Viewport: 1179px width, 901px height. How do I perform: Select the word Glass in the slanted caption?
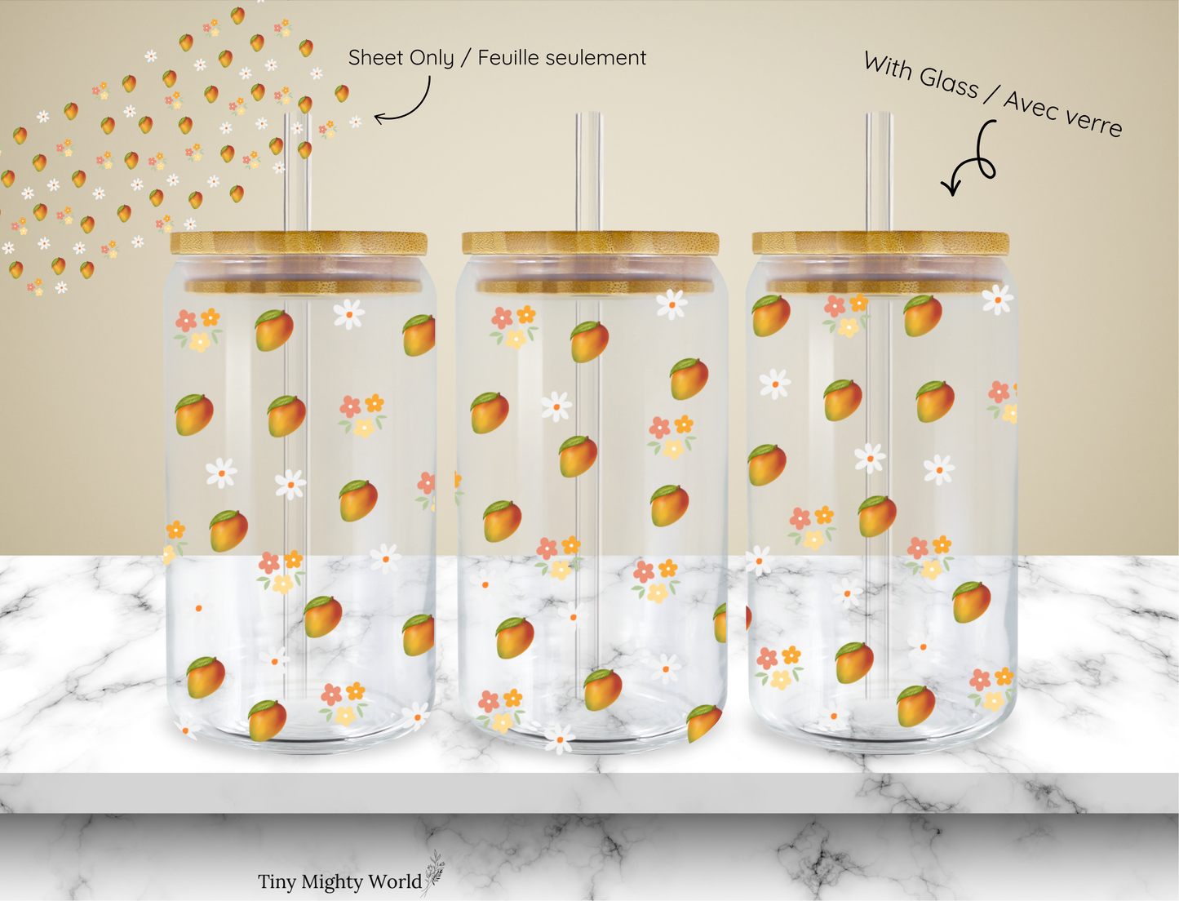948,83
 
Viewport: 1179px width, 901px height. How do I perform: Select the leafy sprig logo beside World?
434,873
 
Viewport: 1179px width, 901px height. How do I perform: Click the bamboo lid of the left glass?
299,243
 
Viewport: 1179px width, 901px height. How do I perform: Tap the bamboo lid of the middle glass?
590,243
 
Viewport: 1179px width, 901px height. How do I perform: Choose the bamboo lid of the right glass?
880,243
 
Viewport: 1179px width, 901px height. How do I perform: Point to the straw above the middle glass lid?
589,172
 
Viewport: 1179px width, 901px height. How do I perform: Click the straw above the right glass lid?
880,172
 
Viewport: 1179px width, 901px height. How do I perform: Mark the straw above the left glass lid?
297,172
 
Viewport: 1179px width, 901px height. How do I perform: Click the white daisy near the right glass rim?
997,300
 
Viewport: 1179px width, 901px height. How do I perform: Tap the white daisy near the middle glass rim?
671,304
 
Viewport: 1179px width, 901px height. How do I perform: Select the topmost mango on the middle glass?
589,342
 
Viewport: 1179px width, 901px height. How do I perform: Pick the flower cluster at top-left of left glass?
197,330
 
